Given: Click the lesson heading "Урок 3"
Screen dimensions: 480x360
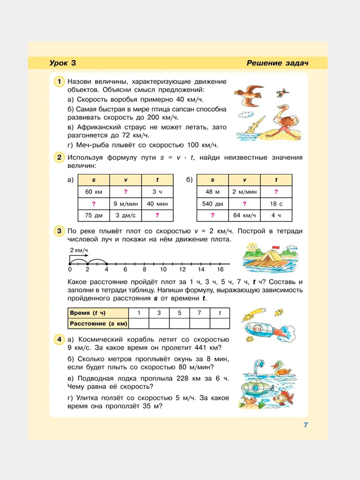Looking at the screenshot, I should [x=63, y=63].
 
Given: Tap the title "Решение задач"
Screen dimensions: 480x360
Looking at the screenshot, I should [x=277, y=63].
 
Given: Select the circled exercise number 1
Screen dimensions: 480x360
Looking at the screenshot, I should [x=59, y=81].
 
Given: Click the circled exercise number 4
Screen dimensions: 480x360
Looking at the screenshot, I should [x=59, y=339].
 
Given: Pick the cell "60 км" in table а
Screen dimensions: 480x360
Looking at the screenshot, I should [x=94, y=192].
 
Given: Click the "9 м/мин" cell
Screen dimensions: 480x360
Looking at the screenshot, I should [x=126, y=204].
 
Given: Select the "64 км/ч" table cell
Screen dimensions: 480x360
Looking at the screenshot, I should [x=244, y=215].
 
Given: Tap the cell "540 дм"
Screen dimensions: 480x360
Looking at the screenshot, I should [x=212, y=204].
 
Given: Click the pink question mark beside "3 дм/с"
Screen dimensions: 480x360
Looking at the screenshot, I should [x=157, y=215].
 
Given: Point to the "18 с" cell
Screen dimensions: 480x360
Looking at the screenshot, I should [x=276, y=204].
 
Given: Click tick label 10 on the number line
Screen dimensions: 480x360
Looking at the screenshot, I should [x=163, y=269].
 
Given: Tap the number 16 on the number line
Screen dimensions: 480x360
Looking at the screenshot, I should [x=220, y=269].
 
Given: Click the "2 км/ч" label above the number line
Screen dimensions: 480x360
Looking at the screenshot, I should [x=79, y=250].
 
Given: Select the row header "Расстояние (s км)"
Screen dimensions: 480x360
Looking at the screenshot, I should [x=98, y=323].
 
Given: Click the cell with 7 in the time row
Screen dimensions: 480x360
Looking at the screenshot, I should [x=199, y=313].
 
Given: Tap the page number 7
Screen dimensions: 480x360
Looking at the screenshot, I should [x=306, y=425].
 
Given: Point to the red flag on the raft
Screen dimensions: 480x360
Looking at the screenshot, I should [x=275, y=247].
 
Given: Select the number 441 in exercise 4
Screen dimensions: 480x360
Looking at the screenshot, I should [x=201, y=348].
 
